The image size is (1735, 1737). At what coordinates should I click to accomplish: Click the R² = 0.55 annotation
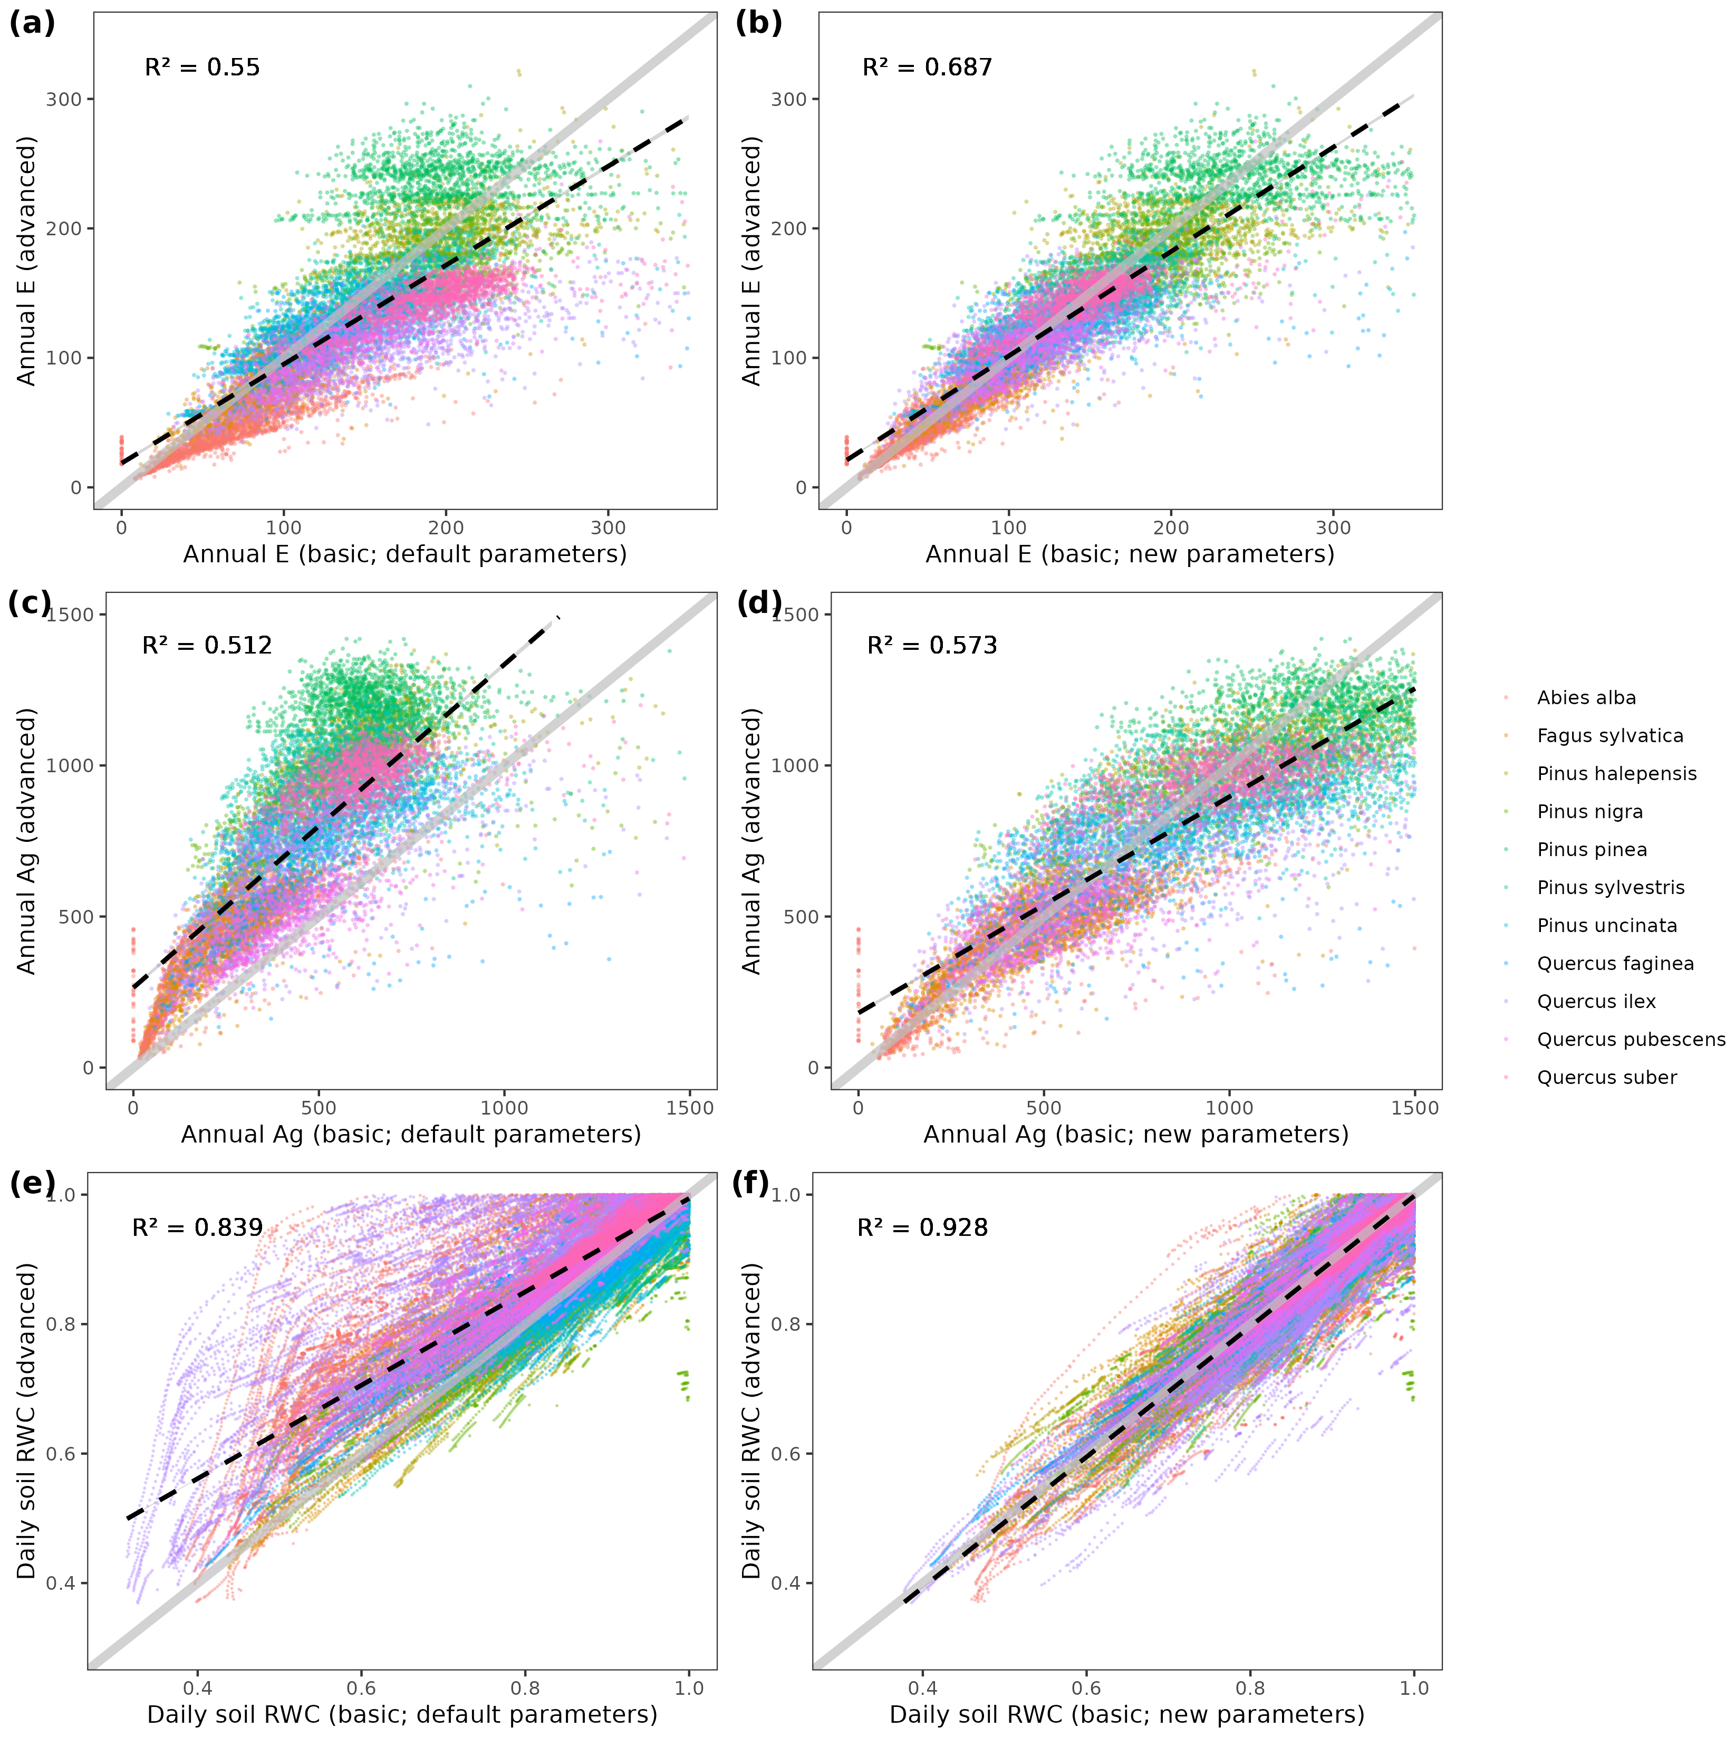203,68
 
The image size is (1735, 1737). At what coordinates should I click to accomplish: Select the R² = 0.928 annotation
922,1227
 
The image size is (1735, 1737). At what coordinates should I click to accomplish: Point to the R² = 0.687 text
927,68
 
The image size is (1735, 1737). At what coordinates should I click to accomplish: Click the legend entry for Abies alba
1586,698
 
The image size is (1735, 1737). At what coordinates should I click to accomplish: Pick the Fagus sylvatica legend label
1609,735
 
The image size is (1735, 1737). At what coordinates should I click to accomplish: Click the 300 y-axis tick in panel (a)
64,99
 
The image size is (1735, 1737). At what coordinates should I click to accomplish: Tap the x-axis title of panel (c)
411,1135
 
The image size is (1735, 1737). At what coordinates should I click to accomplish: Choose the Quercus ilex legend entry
1596,1002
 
